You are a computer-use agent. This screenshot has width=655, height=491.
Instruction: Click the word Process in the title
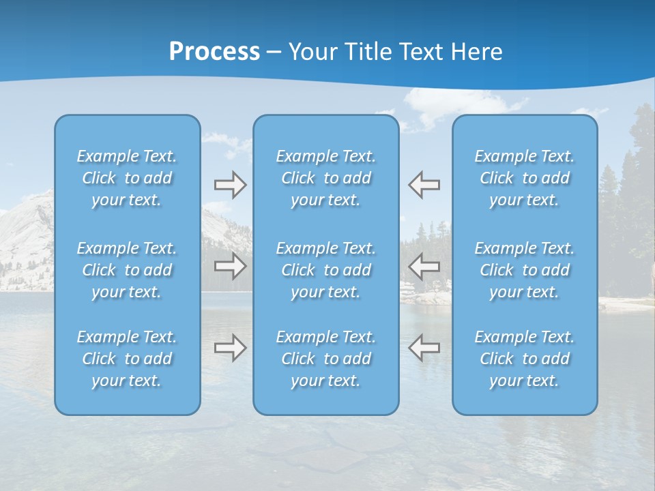click(214, 52)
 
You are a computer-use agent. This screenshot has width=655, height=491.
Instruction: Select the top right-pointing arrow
click(230, 185)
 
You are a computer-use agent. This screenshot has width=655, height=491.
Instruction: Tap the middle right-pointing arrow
click(230, 265)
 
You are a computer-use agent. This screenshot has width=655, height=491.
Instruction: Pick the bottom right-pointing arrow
click(230, 348)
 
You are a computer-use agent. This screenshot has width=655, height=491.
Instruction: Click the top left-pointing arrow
click(424, 185)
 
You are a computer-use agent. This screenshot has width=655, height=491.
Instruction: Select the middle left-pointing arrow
click(424, 265)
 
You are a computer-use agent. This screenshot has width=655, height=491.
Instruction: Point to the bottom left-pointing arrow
click(424, 348)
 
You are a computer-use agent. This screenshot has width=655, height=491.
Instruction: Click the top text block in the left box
click(127, 178)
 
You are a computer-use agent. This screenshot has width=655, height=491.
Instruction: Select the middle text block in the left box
click(127, 270)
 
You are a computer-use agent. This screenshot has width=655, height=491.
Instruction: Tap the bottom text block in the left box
click(127, 359)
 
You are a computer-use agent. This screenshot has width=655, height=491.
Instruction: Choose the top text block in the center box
click(326, 178)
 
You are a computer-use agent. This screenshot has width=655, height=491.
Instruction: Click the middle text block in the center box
click(326, 270)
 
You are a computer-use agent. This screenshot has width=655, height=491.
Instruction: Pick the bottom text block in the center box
click(326, 359)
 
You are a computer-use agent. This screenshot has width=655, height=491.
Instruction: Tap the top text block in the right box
click(525, 178)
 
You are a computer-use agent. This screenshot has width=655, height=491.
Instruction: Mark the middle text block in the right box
click(525, 270)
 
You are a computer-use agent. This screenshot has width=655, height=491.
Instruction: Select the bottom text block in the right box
click(525, 359)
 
